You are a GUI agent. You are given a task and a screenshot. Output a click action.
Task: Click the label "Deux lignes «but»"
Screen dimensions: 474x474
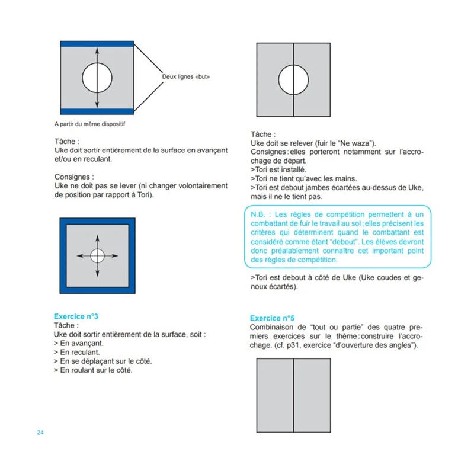tap(185, 77)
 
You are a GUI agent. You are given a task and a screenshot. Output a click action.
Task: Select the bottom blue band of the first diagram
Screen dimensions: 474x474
tap(98, 111)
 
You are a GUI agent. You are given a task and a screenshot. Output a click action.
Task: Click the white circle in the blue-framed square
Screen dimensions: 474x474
tap(97, 255)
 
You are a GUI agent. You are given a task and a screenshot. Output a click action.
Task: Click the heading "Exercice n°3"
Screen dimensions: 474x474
tap(76, 316)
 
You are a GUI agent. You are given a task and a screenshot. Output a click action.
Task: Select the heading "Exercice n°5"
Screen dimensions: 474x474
tap(272, 318)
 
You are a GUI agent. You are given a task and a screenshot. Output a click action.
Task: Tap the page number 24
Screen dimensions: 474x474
tap(40, 432)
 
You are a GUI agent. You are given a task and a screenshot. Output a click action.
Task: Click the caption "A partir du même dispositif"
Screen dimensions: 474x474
tap(90, 124)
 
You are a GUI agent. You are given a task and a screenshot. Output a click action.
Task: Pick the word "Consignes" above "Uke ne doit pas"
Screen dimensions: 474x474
tap(72, 177)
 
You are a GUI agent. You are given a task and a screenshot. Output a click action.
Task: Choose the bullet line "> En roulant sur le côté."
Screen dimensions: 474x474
tap(93, 370)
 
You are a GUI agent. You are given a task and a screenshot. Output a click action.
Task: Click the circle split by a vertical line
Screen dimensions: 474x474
tap(294, 79)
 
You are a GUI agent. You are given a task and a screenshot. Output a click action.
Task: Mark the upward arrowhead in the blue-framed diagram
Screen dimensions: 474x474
tap(97, 238)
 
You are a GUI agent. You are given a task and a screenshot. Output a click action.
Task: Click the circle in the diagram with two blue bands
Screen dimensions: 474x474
tap(97, 78)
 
